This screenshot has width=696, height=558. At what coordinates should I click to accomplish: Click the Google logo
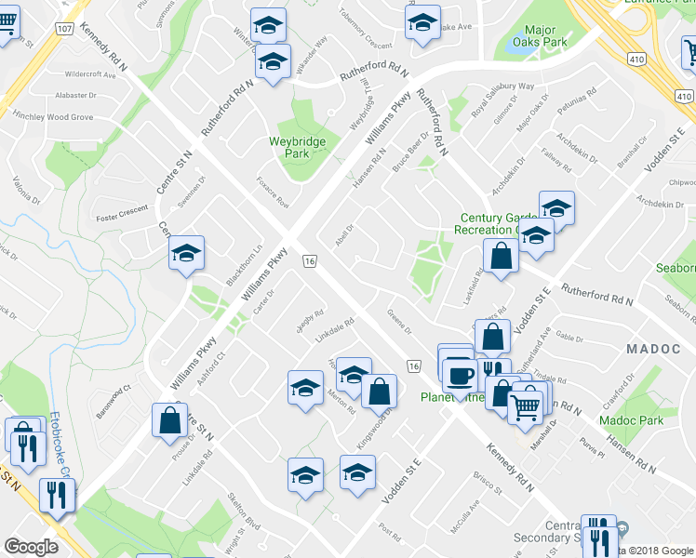31,547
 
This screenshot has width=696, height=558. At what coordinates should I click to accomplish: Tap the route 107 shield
64,29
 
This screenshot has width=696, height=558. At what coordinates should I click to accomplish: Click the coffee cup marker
459,374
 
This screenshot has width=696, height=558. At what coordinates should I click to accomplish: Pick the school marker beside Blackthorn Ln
186,254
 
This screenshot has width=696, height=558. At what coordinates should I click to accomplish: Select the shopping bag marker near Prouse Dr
171,419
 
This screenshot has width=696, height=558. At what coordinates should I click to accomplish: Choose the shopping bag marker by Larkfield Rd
501,258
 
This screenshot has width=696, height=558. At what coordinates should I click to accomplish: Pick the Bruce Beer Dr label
409,152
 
